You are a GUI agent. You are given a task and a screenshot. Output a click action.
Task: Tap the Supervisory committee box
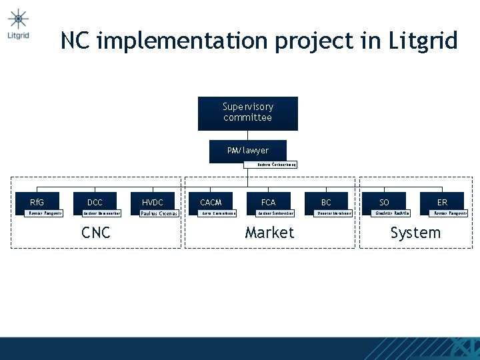click(x=247, y=113)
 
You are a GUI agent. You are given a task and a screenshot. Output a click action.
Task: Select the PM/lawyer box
click(x=247, y=151)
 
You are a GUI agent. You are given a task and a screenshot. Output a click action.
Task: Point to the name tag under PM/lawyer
click(x=270, y=165)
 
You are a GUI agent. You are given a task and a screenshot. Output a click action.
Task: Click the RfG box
click(x=37, y=201)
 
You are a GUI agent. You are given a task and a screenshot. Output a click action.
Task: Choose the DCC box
click(x=95, y=201)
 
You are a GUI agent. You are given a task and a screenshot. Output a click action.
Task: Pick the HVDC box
click(x=153, y=201)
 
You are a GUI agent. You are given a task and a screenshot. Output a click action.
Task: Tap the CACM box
click(x=211, y=201)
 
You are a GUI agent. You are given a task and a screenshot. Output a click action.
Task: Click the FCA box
click(x=268, y=201)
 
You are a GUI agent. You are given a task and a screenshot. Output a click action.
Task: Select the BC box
click(x=326, y=201)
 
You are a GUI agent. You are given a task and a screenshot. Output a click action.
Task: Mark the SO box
click(x=384, y=201)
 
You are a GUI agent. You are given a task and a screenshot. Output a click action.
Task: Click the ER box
click(x=442, y=201)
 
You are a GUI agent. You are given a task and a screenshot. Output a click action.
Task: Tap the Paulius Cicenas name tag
click(x=159, y=214)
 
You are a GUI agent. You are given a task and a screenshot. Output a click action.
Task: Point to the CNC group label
click(x=95, y=233)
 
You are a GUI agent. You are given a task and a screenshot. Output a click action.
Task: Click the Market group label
click(x=269, y=233)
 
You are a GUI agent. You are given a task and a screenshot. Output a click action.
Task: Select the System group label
click(x=415, y=233)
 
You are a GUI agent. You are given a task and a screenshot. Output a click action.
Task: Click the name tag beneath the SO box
click(x=391, y=213)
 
